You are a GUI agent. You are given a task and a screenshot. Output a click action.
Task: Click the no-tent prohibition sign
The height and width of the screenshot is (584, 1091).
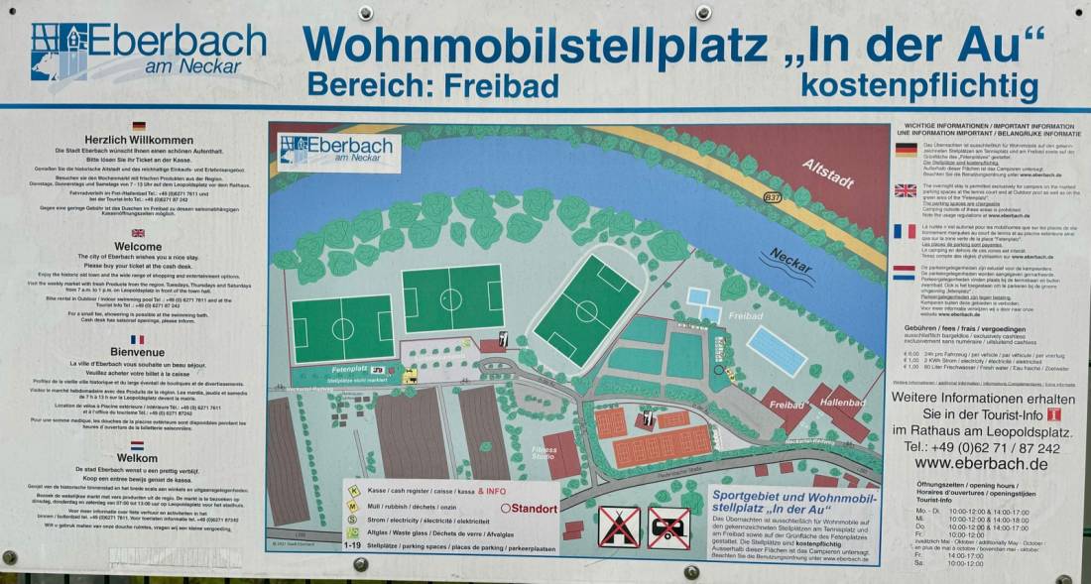click(x=618, y=526)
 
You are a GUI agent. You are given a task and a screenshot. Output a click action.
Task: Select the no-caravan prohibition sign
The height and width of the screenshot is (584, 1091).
click(x=668, y=526)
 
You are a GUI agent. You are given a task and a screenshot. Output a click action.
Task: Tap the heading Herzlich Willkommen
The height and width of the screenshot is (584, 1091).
click(x=139, y=140)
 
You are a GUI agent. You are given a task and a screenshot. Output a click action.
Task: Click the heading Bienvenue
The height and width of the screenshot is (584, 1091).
click(x=138, y=351)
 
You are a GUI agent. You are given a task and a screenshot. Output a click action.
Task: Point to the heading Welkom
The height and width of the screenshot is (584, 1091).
click(x=137, y=458)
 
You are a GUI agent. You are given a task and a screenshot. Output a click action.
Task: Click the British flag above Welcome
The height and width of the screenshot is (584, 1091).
click(x=138, y=233)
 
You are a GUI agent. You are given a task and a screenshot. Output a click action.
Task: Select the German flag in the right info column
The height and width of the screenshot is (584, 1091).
click(x=906, y=150)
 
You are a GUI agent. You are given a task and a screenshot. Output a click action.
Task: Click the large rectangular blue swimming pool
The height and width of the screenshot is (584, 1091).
click(x=777, y=350)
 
